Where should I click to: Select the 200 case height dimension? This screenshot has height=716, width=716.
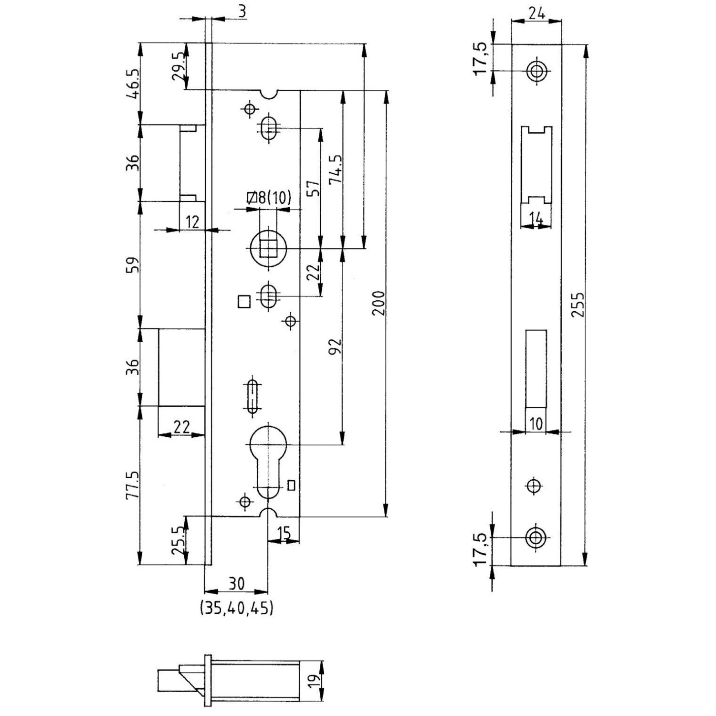379,303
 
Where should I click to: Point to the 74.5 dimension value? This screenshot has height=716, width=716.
336,169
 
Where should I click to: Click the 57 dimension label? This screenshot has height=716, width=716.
314,189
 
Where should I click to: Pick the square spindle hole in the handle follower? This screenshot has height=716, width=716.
269,248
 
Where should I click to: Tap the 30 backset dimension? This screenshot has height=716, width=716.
236,583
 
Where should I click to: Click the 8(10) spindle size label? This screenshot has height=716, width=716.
269,197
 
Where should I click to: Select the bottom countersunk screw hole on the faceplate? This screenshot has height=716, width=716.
536,537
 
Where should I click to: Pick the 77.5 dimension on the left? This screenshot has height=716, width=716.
132,484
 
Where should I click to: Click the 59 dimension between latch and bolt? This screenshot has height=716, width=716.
132,264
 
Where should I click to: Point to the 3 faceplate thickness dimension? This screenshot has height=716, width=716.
242,11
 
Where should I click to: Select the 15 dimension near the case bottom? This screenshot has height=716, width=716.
284,533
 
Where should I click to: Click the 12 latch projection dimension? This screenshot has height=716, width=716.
192,221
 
